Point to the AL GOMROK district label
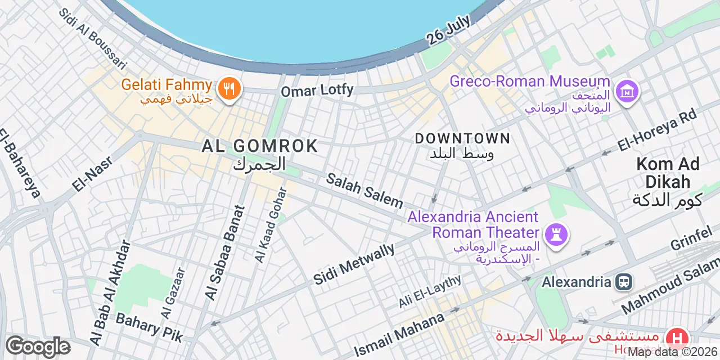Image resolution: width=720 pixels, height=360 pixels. (260, 146)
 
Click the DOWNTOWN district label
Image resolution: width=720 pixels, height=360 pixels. (462, 138)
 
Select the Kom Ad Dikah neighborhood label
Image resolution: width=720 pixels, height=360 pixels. (668, 173)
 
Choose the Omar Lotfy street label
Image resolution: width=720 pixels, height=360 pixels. (317, 90)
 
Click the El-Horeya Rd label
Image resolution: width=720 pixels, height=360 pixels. (656, 129)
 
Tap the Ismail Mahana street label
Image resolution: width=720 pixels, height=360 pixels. (399, 334)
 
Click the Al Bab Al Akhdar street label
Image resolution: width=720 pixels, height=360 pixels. (110, 293)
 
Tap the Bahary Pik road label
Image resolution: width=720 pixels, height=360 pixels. (149, 327)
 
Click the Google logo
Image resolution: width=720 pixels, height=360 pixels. (38, 346)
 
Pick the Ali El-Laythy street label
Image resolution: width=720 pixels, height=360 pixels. (430, 291)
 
